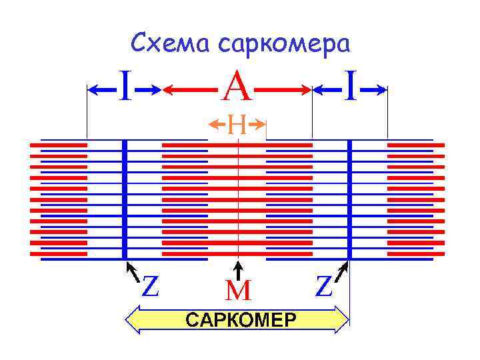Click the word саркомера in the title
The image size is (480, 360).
[x=283, y=44]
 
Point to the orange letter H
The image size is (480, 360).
[x=237, y=123]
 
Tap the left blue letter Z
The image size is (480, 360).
[x=151, y=287]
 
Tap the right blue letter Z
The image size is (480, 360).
[x=324, y=287]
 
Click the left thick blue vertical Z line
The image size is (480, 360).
[x=125, y=200]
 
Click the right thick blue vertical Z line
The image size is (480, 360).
[x=349, y=200]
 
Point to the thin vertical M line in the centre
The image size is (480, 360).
[x=238, y=200]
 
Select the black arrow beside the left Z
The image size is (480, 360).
[x=133, y=273]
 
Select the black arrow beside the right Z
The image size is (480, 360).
[x=342, y=273]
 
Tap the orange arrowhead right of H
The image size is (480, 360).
[x=261, y=123]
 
